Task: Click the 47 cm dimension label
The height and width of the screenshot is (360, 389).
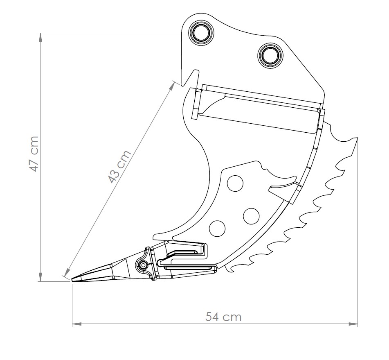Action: pos(34,154)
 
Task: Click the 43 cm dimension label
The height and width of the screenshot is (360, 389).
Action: pos(119,166)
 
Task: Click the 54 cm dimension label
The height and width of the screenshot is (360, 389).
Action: pos(223,317)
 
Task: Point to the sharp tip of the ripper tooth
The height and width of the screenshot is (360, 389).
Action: pos(72,280)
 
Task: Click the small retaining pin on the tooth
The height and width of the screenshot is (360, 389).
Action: pos(143,265)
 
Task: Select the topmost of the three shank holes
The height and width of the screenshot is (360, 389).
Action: pos(235,183)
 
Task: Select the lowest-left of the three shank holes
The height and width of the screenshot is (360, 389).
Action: pos(217,228)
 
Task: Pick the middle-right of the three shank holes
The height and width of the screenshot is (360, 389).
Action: pos(251,216)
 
